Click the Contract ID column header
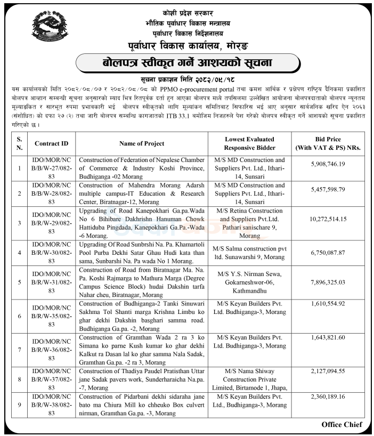coord(51,143)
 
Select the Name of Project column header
coord(142,143)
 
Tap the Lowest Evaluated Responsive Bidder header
coord(250,143)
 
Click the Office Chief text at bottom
coord(342,424)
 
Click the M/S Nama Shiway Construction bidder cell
coord(250,378)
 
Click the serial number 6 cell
coord(19,316)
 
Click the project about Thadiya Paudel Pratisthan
coord(142,378)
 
